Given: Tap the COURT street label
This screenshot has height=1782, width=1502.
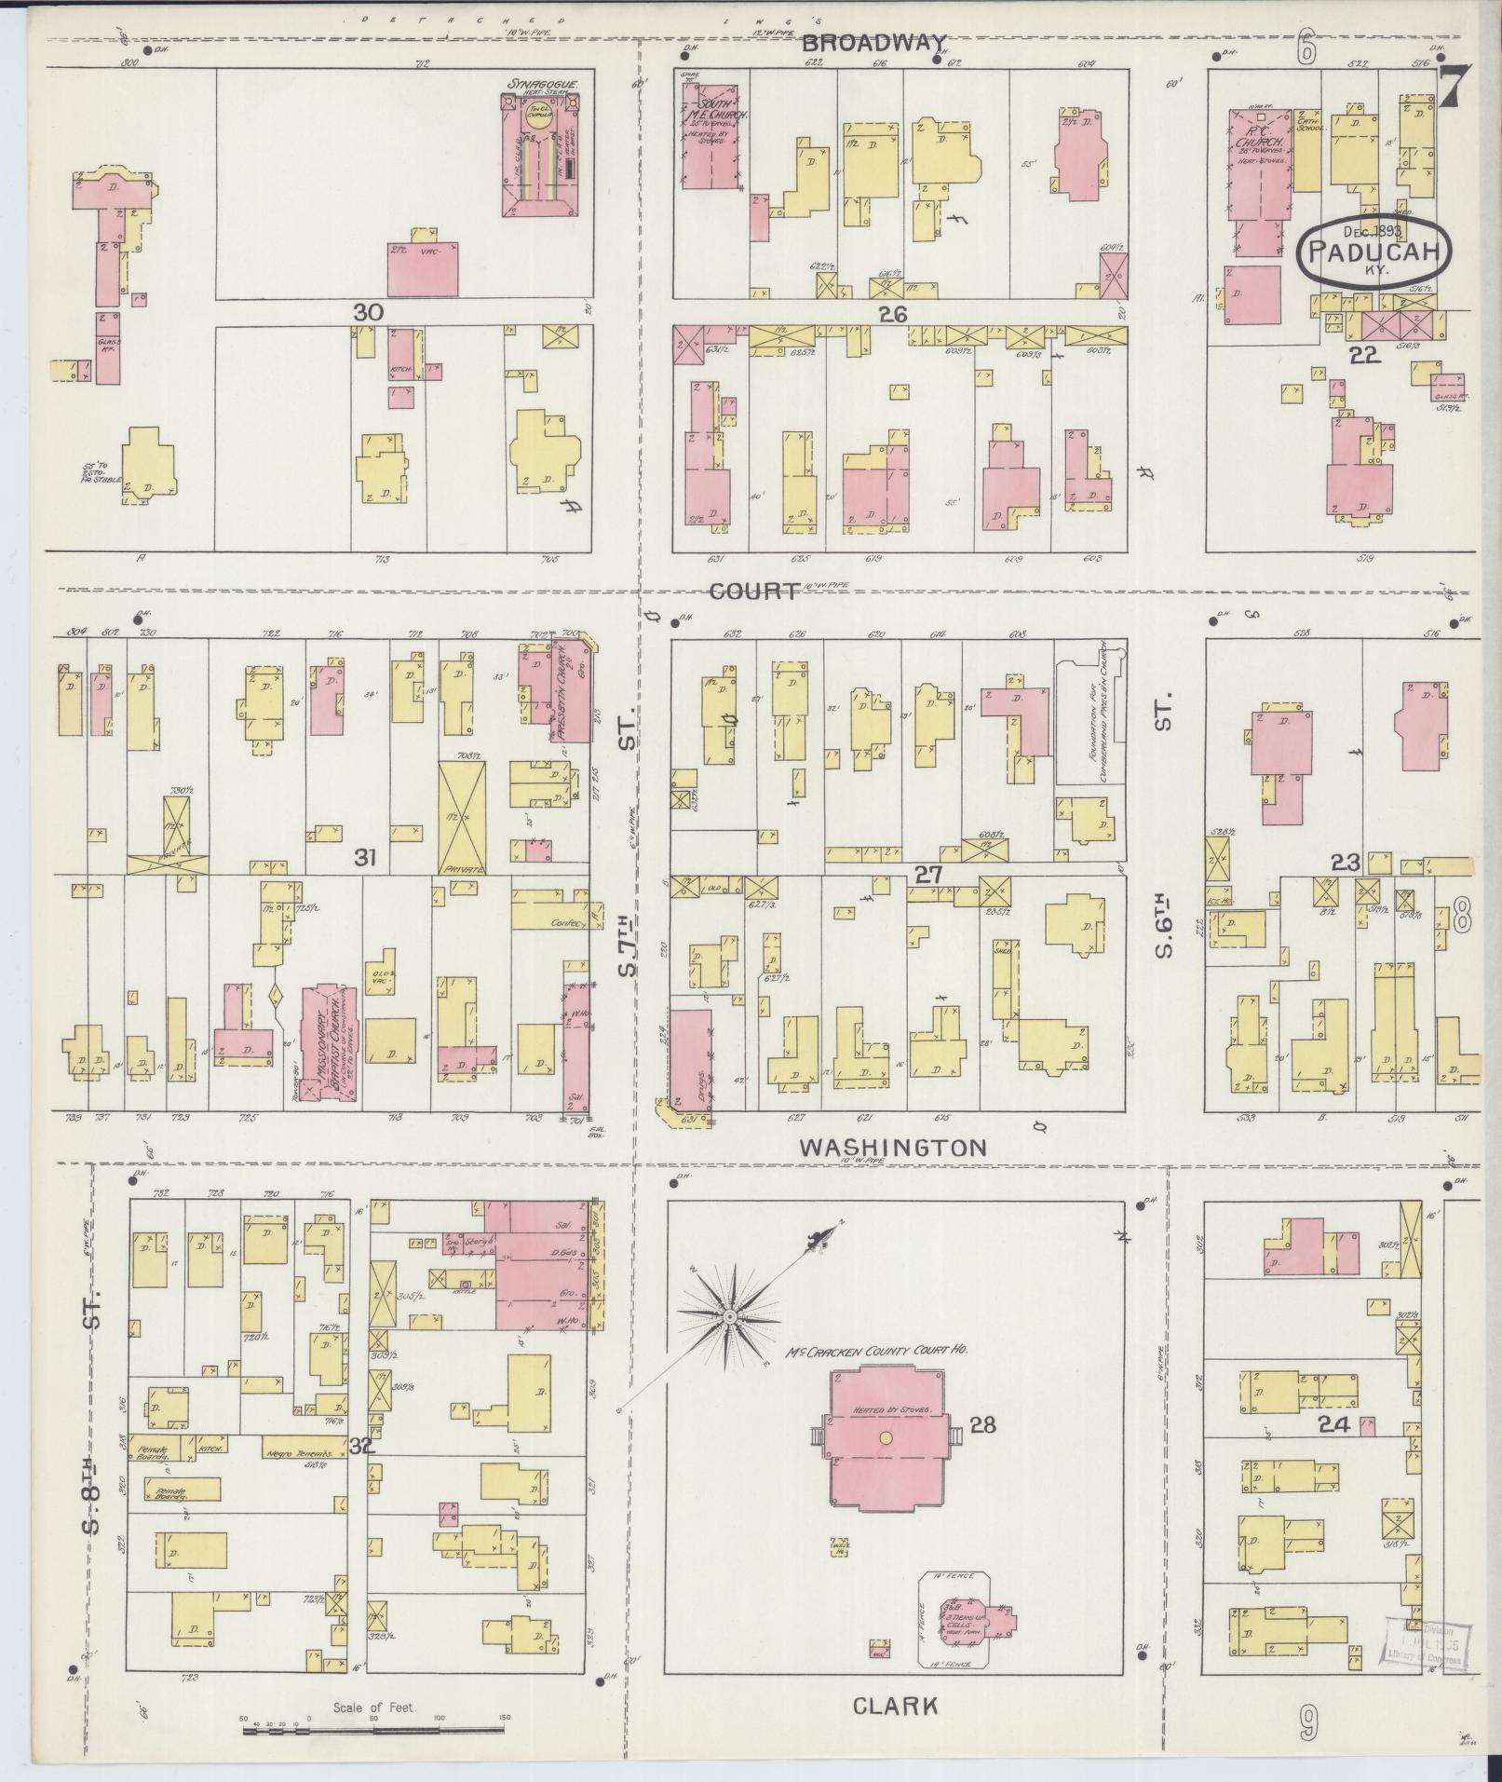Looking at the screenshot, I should point(753,592).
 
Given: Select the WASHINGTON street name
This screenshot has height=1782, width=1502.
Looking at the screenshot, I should point(892,1148).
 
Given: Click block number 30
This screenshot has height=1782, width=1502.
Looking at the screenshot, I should point(368,312).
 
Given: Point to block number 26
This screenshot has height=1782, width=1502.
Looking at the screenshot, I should point(891,316).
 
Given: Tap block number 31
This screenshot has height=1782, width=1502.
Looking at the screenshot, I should point(364,857).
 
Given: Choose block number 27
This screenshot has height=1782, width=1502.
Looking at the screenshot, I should point(928,874).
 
